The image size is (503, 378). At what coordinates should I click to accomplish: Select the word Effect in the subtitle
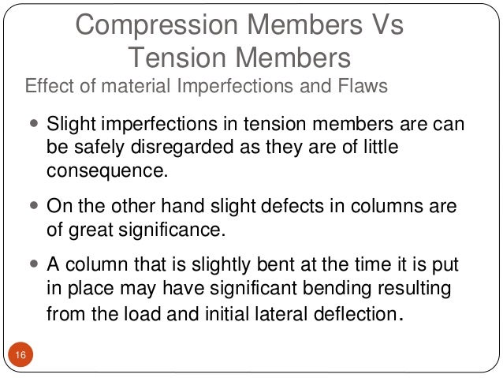coord(49,85)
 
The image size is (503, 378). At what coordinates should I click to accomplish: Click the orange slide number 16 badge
coord(20,356)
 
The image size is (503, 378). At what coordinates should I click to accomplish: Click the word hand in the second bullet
coord(177,207)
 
